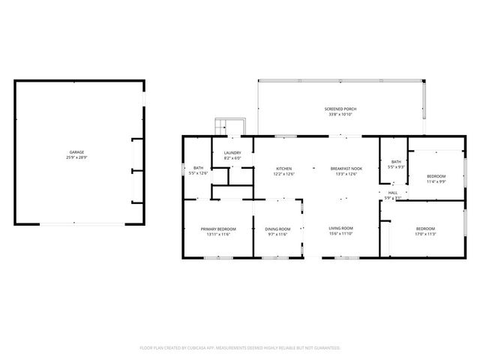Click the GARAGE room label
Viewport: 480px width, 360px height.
click(x=77, y=152)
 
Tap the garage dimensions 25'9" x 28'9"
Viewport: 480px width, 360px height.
click(x=77, y=157)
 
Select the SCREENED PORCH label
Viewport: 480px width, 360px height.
click(x=340, y=109)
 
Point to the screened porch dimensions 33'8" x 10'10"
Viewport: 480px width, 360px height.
click(x=340, y=114)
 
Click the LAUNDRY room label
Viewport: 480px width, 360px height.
click(x=232, y=153)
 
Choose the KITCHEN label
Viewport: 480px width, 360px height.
click(x=283, y=169)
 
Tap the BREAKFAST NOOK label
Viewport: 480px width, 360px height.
click(x=346, y=169)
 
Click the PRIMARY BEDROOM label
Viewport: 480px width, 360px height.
click(x=218, y=229)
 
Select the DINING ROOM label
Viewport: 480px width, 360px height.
click(x=277, y=229)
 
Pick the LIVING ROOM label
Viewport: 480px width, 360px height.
click(x=341, y=228)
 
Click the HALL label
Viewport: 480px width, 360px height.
click(x=393, y=193)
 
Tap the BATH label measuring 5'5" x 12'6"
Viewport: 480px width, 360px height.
click(x=198, y=168)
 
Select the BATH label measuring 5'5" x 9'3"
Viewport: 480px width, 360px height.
click(x=396, y=161)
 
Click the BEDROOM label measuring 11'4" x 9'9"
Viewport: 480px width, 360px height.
click(x=436, y=176)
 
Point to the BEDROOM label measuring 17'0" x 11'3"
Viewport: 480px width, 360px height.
click(x=425, y=228)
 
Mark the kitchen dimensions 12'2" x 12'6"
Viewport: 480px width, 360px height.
click(x=283, y=174)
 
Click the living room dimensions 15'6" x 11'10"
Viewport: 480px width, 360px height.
click(x=341, y=234)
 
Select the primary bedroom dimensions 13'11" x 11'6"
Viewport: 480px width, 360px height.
click(x=218, y=234)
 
